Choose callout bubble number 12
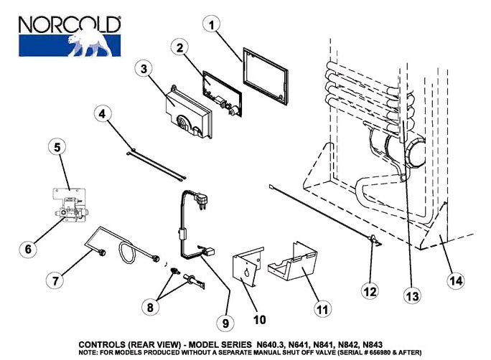[x=369, y=292]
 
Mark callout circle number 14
[x=455, y=281]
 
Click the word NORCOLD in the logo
[x=69, y=24]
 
